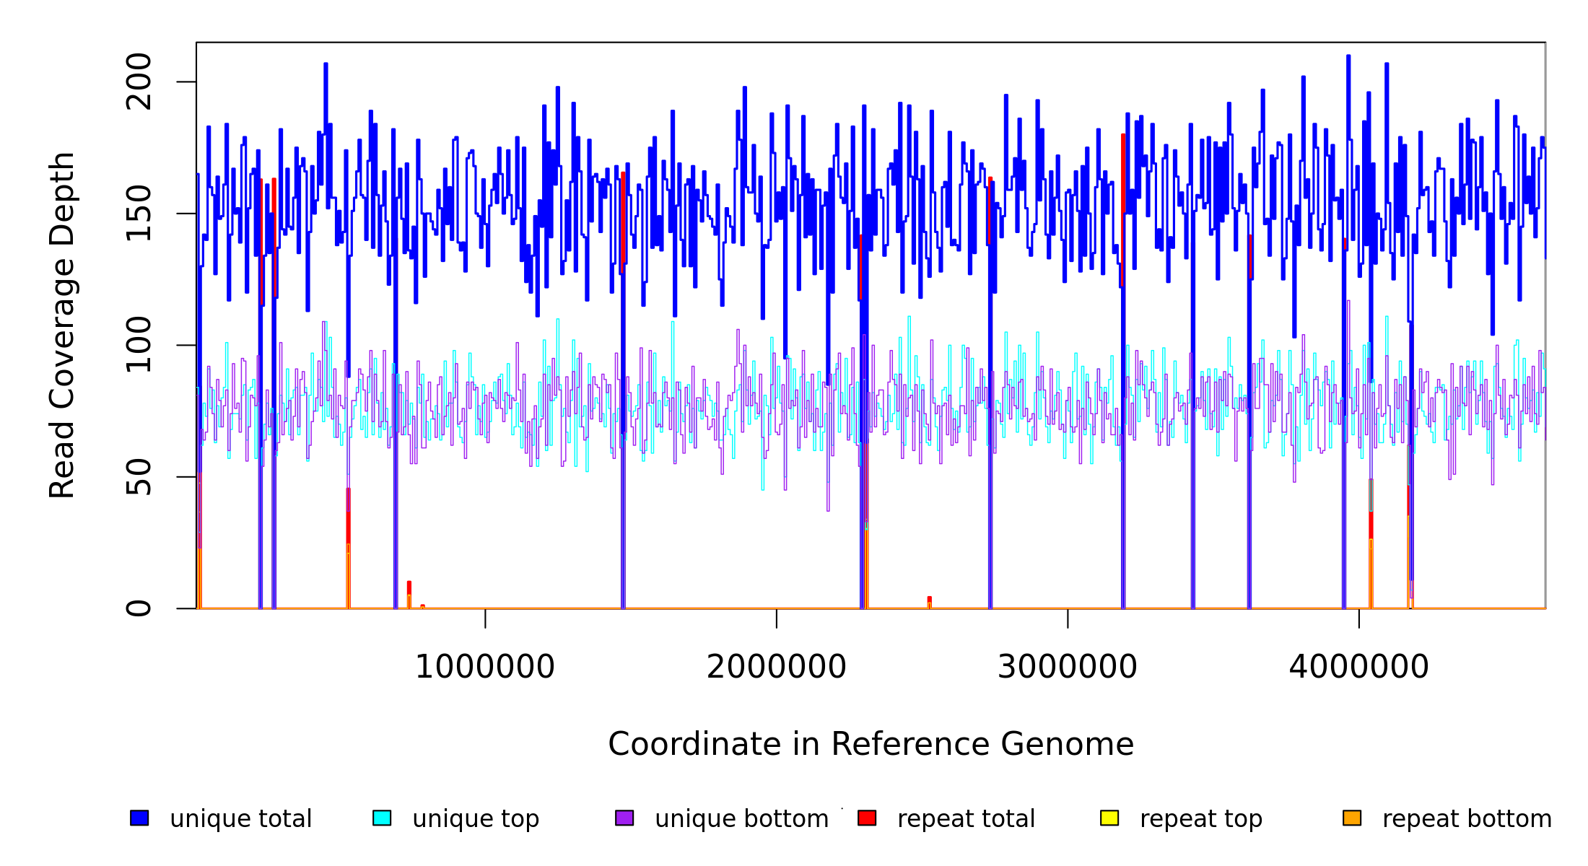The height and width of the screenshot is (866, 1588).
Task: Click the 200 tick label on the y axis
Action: (x=139, y=82)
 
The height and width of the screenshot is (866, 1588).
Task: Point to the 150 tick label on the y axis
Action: (x=139, y=214)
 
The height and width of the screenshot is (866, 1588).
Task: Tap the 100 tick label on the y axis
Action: (x=139, y=345)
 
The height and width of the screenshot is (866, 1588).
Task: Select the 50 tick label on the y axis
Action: (x=139, y=477)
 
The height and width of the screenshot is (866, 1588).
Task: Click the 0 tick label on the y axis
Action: (x=139, y=608)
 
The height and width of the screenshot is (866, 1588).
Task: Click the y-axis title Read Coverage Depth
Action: (x=62, y=325)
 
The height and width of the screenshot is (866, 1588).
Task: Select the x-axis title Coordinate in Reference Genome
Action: (x=871, y=745)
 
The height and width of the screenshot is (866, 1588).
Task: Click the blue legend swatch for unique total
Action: (x=139, y=818)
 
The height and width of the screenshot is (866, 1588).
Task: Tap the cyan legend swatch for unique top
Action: (x=382, y=818)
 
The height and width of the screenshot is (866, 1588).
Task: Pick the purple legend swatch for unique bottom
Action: (x=624, y=818)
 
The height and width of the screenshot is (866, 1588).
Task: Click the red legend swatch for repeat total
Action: (x=867, y=818)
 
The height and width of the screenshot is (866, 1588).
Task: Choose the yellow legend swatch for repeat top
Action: (x=1109, y=818)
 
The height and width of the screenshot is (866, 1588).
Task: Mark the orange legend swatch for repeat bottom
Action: (x=1352, y=818)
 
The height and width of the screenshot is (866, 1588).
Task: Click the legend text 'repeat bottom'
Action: (x=1467, y=819)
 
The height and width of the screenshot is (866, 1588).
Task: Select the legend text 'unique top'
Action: (x=476, y=819)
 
